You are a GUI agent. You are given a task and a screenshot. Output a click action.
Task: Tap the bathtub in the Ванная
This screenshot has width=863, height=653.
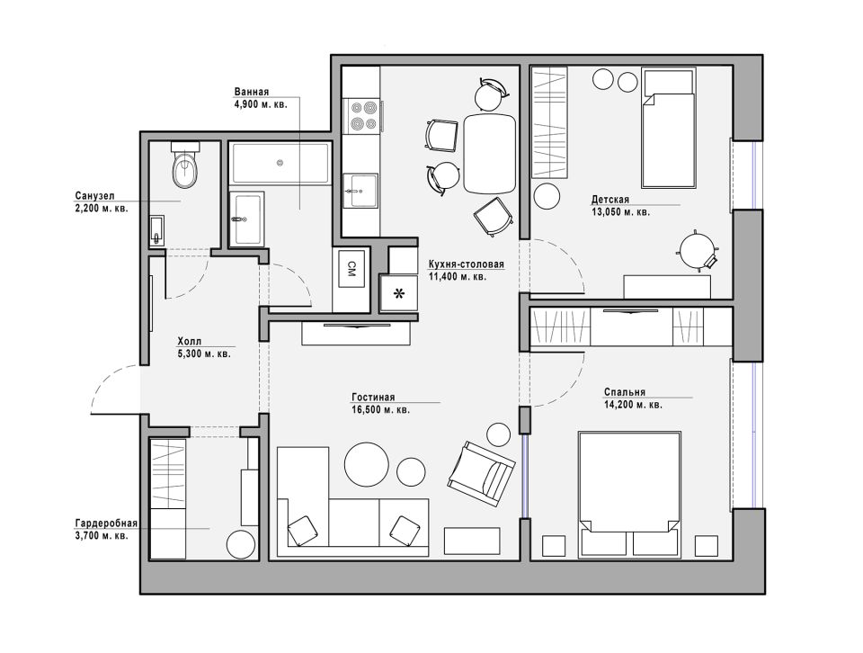pos(280,163)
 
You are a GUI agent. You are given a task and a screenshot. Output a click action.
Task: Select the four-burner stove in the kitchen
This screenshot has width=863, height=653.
pos(362,116)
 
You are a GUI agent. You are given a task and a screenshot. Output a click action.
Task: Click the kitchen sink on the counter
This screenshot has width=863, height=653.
pos(360,191)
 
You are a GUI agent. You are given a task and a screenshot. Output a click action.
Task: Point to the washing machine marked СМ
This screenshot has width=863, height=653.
pos(351,269)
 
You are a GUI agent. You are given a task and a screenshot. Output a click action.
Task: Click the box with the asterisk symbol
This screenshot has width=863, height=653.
pos(398,293)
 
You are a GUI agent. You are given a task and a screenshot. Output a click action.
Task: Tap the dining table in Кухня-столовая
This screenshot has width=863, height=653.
pos(489,153)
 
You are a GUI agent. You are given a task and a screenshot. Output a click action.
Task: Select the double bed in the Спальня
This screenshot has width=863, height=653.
pos(629,493)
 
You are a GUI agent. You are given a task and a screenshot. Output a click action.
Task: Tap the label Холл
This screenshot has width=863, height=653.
pos(190,341)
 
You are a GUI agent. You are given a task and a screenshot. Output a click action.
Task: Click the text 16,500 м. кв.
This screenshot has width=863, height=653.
pos(380,409)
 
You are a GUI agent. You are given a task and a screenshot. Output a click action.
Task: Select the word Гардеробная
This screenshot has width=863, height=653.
pos(106,523)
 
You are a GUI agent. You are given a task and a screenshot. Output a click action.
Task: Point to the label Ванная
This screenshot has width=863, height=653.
pos(252,92)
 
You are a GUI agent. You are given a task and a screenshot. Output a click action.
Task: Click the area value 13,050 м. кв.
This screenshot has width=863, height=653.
pos(620,211)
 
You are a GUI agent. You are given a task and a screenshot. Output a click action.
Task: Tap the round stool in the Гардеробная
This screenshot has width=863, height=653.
pos(242,543)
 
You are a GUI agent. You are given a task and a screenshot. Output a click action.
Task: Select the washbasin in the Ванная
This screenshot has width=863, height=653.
pos(246,218)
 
